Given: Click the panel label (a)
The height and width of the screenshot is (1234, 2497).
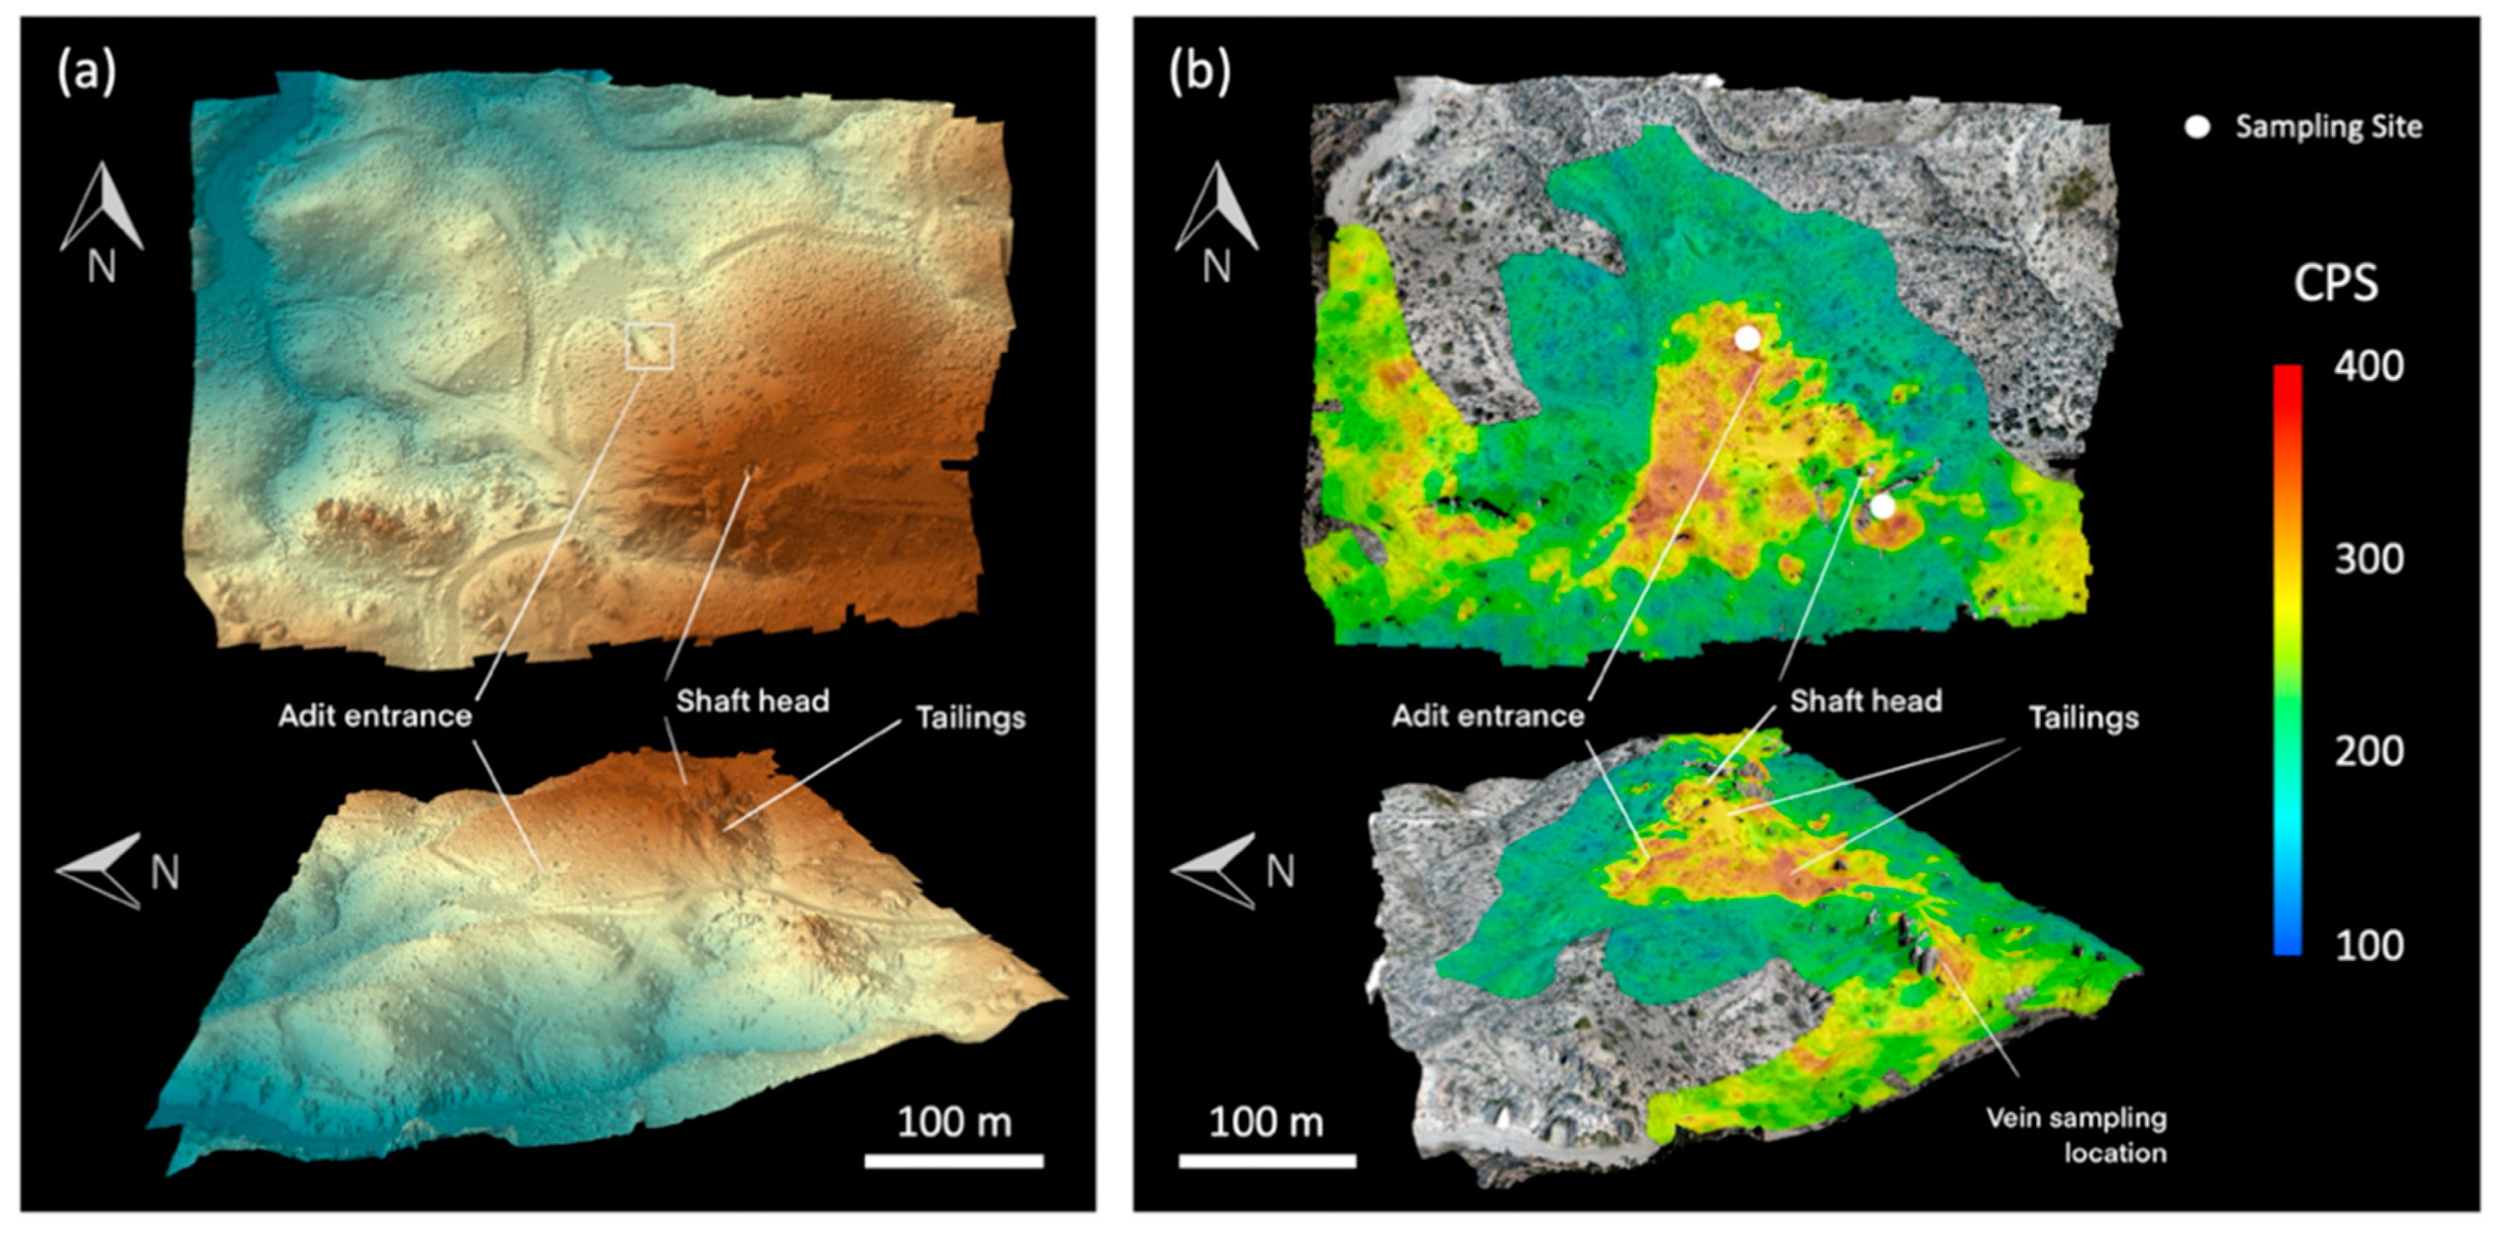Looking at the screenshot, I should pyautogui.click(x=87, y=72).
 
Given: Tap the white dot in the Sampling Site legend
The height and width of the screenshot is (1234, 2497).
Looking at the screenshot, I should pyautogui.click(x=2198, y=127).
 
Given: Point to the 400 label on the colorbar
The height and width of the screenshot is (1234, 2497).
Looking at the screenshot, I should pyautogui.click(x=2368, y=366).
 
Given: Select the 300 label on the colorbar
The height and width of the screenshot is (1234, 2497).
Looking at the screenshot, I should pyautogui.click(x=2368, y=560).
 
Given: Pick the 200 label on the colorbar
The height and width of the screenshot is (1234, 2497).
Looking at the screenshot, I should pyautogui.click(x=2368, y=751).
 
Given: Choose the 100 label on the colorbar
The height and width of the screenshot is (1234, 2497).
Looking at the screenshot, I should pyautogui.click(x=2368, y=945).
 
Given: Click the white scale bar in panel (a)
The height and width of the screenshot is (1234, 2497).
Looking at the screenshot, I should pyautogui.click(x=954, y=1160).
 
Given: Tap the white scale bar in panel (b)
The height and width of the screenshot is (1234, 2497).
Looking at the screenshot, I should pyautogui.click(x=1267, y=1160).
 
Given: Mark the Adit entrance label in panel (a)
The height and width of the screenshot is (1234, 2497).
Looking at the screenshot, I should pyautogui.click(x=375, y=715).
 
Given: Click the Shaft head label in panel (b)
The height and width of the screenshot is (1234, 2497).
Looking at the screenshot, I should pyautogui.click(x=1866, y=701).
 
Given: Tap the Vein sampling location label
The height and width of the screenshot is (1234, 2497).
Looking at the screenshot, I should pyautogui.click(x=2076, y=1135).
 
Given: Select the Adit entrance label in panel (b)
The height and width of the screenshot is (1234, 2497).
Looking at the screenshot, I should pyautogui.click(x=1488, y=715).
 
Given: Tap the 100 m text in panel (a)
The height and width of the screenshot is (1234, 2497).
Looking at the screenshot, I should pyautogui.click(x=954, y=1123).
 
